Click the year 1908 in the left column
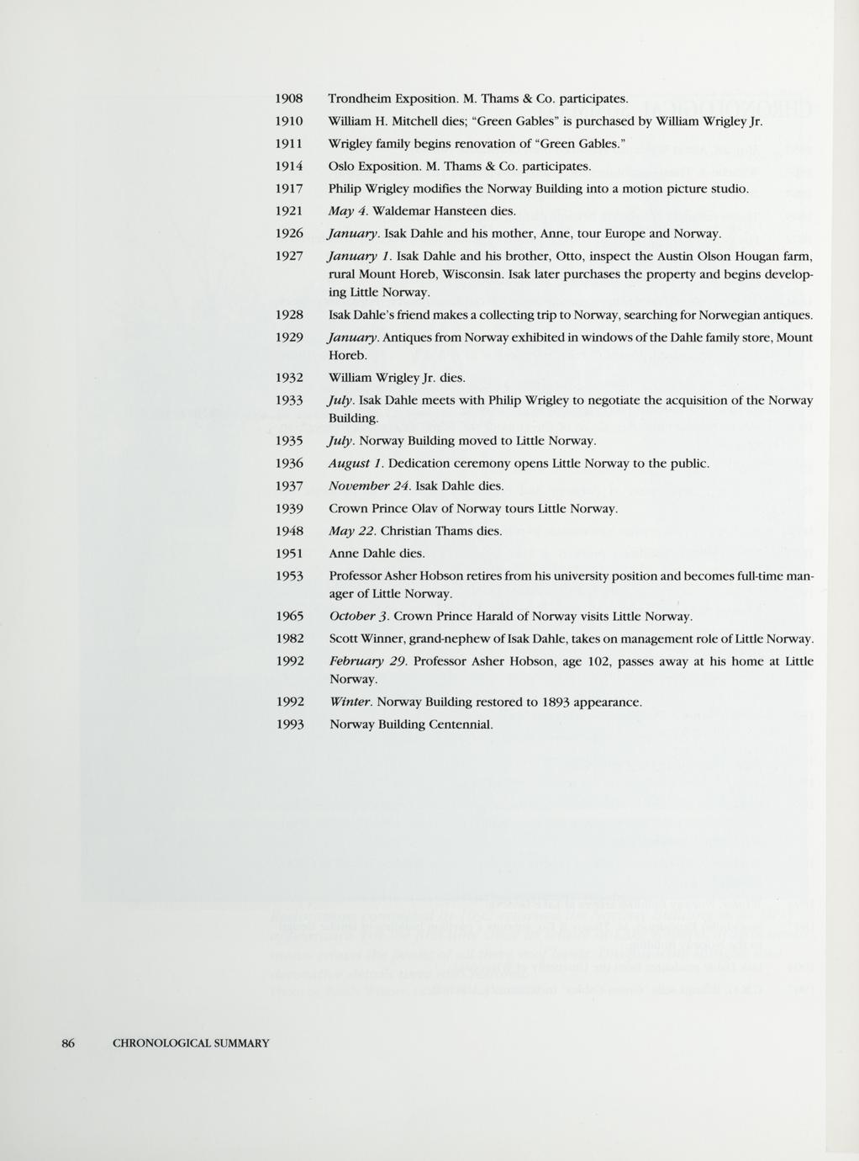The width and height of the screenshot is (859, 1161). [289, 98]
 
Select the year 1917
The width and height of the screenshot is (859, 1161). [289, 188]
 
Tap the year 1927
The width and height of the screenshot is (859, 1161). [289, 256]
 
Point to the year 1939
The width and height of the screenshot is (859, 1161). [289, 509]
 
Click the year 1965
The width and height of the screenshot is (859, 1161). [289, 617]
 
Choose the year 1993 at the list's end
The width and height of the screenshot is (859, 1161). [289, 724]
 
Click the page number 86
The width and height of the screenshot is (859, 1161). [68, 1043]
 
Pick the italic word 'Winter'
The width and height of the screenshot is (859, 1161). [350, 702]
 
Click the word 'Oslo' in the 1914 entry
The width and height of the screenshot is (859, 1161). [342, 166]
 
